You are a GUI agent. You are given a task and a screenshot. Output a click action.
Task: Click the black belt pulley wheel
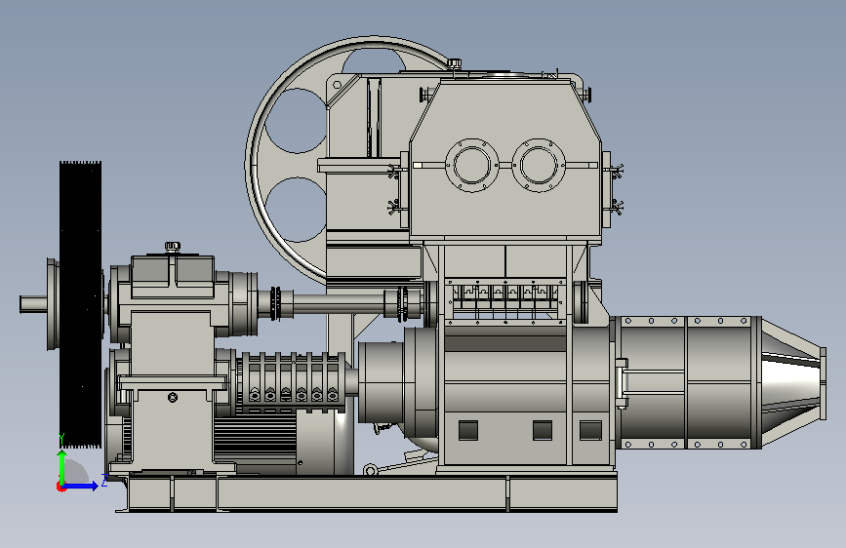point(80,305)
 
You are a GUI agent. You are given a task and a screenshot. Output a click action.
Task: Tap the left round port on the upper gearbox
point(472,165)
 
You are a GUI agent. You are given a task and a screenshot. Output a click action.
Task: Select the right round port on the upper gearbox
point(538,165)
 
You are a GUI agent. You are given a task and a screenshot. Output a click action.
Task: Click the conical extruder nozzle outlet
point(793,383)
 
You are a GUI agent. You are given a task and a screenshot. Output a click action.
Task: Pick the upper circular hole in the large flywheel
point(296,121)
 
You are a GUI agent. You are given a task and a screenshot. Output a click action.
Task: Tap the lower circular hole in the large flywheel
point(296,210)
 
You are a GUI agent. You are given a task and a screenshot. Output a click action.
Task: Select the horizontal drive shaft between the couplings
point(339,302)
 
